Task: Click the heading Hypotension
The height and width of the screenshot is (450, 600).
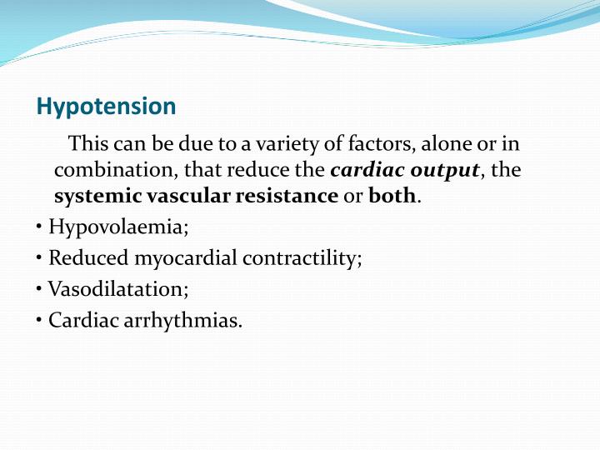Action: (107, 107)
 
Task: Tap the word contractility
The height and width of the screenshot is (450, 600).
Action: (302, 258)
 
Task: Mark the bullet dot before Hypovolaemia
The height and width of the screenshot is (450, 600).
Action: (41, 227)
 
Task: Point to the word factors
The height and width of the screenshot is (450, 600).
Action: (340, 144)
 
